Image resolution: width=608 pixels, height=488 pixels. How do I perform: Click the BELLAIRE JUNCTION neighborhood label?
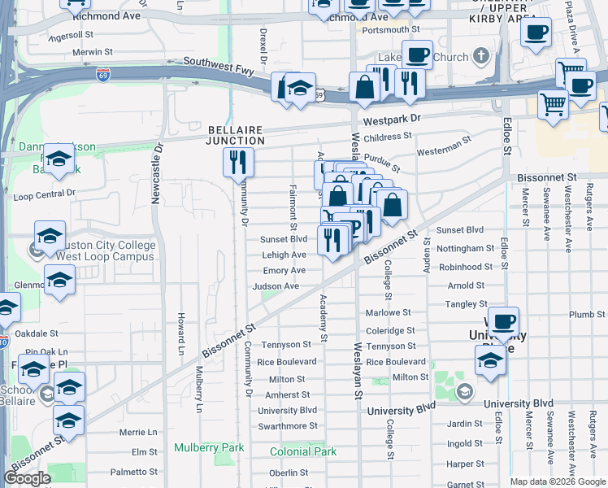[236, 135]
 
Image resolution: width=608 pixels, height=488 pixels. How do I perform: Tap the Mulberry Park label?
[209, 447]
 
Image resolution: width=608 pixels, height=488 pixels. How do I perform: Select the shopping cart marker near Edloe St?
[554, 103]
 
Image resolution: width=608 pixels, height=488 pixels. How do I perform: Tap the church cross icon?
[482, 57]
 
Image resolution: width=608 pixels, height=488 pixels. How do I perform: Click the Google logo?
[28, 478]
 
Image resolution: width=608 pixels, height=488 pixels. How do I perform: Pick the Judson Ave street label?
[276, 286]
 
